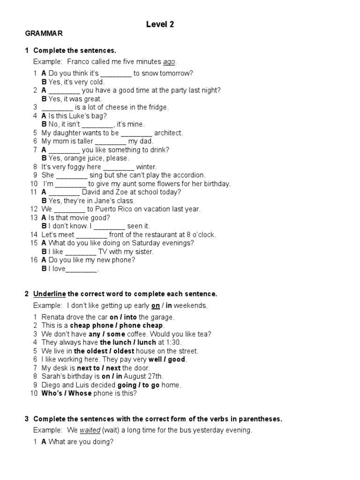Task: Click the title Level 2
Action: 160,25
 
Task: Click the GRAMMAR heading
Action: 44,34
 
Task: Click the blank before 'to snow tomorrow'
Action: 116,74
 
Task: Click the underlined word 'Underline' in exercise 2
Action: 49,294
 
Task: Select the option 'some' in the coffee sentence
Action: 116,334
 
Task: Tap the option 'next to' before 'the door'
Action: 89,368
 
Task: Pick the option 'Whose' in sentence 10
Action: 80,393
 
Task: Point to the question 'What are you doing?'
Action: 81,442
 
